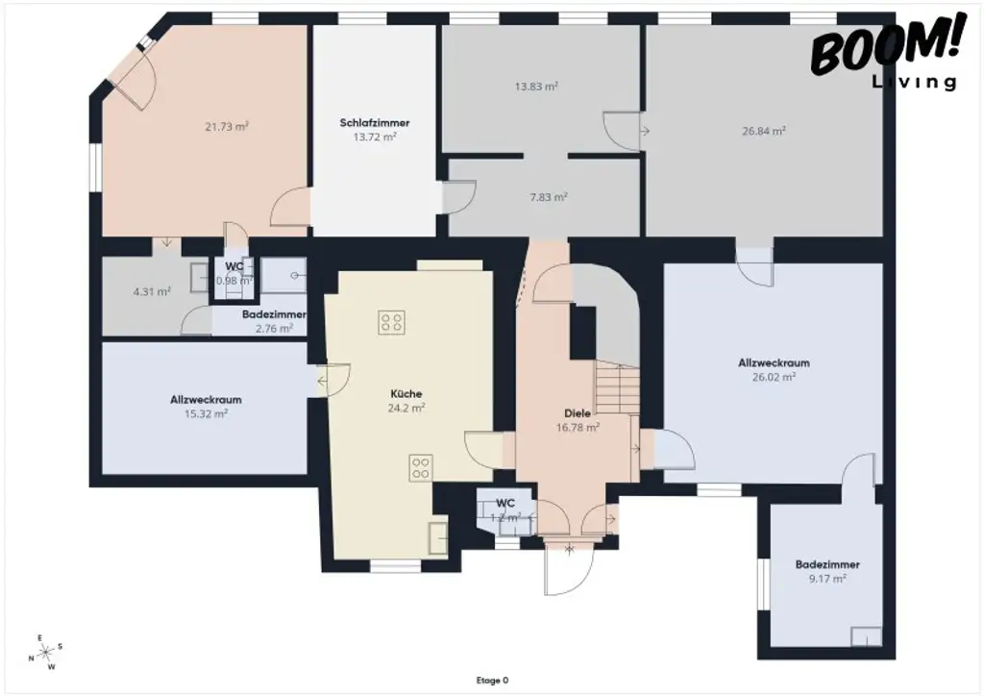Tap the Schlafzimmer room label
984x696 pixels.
pos(375,123)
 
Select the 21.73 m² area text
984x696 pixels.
pos(227,126)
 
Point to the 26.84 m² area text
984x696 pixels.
pos(764,131)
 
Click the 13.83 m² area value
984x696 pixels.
pos(536,86)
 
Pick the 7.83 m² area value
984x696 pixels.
pos(549,196)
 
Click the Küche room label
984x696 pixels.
pos(406,394)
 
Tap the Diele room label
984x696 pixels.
pos(578,413)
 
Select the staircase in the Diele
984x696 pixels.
pos(617,386)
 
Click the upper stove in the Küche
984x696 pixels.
pos(391,321)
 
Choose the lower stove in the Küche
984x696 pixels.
pos(421,467)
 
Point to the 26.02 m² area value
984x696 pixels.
pos(774,377)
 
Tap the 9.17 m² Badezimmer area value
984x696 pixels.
pos(826,579)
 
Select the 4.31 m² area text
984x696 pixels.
pos(152,291)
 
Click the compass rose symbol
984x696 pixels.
pos(45,653)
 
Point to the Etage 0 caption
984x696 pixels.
pos(492,681)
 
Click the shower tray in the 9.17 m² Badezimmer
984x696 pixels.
pos(867,636)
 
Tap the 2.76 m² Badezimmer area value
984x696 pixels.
pos(274,328)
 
